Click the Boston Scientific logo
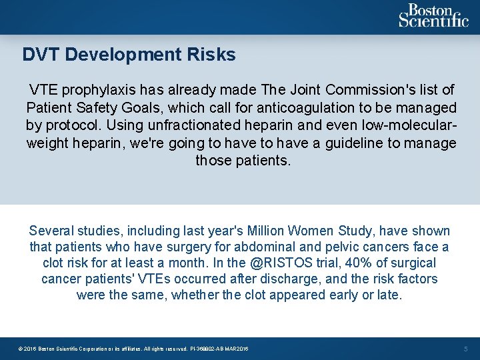[433, 16]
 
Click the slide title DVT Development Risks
[129, 55]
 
